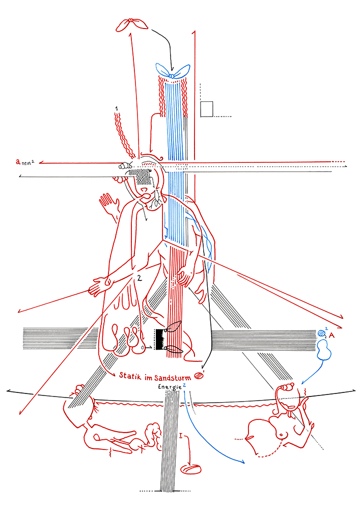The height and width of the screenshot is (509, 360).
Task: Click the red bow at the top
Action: [x=131, y=24]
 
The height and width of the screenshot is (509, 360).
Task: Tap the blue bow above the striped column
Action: [x=173, y=71]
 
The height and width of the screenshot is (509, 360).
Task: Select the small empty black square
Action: [x=206, y=109]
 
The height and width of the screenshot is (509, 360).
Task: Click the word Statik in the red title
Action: [x=130, y=376]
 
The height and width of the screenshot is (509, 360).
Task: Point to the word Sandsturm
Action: [x=173, y=378]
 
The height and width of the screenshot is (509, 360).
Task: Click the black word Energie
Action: [x=170, y=387]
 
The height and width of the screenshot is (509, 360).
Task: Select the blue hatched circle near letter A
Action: [x=321, y=333]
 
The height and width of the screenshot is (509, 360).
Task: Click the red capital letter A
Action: [x=331, y=335]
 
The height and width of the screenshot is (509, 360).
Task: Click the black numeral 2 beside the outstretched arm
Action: [x=139, y=278]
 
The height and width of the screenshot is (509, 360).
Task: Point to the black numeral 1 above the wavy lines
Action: [x=117, y=108]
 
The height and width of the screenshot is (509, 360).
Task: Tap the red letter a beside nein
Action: [x=18, y=161]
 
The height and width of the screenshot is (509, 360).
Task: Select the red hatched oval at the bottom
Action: [x=191, y=469]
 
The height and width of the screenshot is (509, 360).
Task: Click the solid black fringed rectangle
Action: [x=160, y=340]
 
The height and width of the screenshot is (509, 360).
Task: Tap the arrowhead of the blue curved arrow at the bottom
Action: [x=242, y=462]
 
